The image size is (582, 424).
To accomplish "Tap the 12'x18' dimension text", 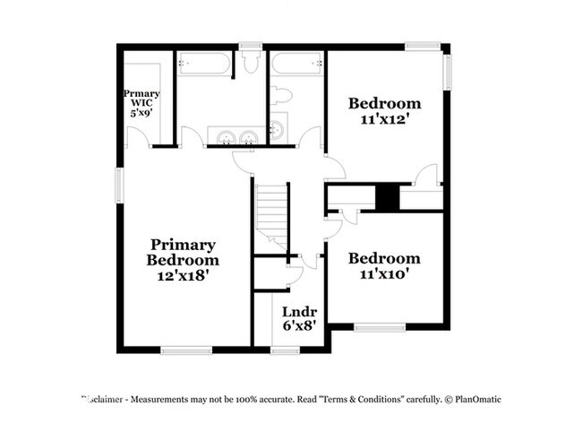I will coord(182,277).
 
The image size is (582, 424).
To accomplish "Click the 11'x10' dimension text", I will coord(384,274).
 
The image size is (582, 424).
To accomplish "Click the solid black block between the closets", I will coord(387,198).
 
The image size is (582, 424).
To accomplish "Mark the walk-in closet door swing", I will coord(137,137).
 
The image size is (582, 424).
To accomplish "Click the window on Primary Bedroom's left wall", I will coord(118,185).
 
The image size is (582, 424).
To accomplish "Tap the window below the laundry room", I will coord(286,350).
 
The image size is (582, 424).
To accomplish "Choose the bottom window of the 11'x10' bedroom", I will coord(381,325).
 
